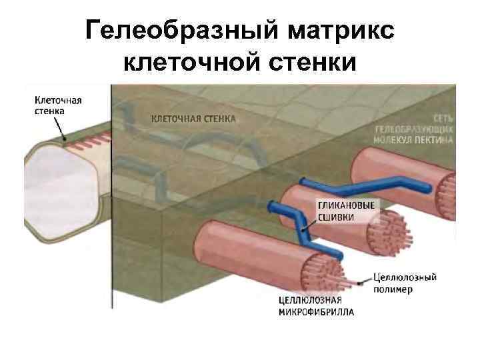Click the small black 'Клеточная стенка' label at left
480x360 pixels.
point(57,106)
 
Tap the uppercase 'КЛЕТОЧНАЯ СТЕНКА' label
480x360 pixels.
point(193,119)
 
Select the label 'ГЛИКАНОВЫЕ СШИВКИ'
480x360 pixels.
point(346,211)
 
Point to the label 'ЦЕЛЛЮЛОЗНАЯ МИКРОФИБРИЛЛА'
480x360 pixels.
point(316,306)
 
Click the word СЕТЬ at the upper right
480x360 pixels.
point(443,118)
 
